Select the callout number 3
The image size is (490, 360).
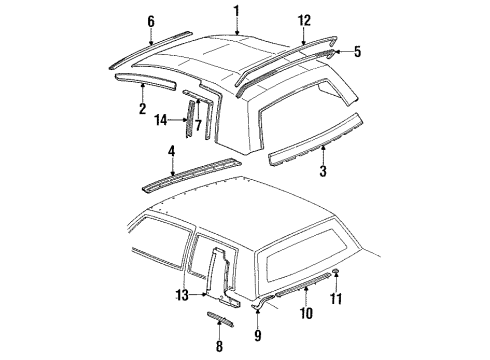pos(323,172)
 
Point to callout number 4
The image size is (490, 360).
pos(171,152)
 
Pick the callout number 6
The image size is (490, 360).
pos(151,20)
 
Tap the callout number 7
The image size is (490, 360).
pos(198,124)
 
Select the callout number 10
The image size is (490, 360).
pos(308,313)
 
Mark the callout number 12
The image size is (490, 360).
pos(305,20)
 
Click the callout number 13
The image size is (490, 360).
pos(181,293)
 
